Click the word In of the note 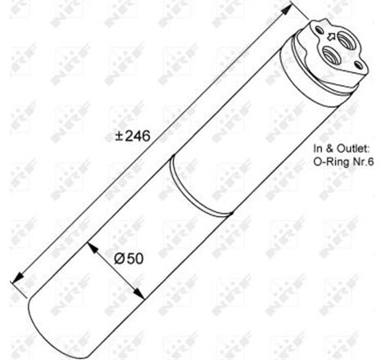(x=319, y=148)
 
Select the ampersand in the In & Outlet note (x=331, y=148)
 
